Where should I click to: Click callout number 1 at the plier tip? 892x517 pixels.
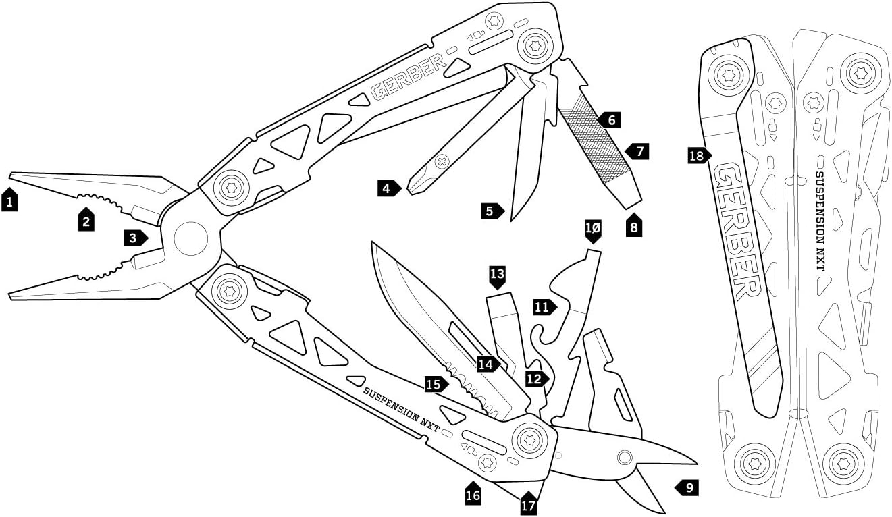9,200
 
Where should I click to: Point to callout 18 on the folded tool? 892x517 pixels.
698,157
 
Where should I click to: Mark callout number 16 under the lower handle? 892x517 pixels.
473,495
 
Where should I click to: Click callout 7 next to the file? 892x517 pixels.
637,151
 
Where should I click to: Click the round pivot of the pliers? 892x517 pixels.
190,238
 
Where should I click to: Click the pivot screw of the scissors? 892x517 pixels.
625,458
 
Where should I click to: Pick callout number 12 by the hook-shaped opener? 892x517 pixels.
536,379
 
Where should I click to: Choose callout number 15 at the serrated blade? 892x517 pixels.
435,385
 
